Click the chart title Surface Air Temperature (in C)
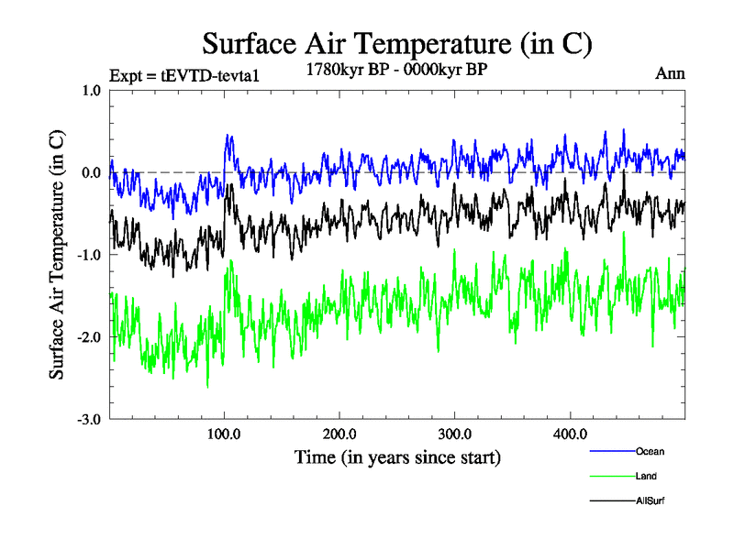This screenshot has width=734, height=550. coord(396,43)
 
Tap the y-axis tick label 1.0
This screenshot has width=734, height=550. coord(91,91)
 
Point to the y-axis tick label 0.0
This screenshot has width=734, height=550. coord(91,172)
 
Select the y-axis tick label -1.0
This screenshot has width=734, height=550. coord(89,255)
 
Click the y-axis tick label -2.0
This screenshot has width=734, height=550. coord(89,337)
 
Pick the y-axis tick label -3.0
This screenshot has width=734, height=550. coord(89,419)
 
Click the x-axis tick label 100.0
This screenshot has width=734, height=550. coord(225,434)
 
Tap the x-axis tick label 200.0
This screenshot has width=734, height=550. coord(339,434)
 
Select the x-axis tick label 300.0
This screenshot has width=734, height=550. coord(455,434)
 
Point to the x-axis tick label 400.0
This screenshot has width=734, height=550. coord(570,434)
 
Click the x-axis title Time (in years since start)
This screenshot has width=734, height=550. coord(397,456)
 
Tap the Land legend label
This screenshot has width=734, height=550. coord(646,476)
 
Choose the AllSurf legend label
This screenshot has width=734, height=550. coord(649,500)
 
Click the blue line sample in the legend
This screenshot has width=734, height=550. coord(611,451)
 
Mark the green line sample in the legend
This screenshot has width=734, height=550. coord(611,476)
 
